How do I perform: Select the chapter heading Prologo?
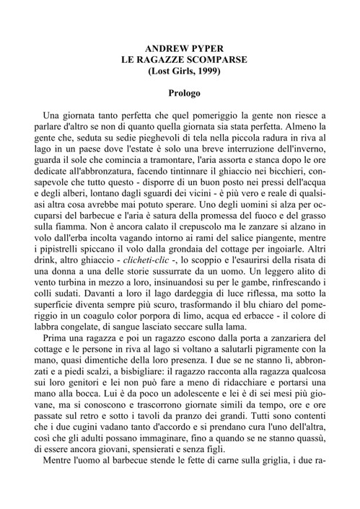click(x=179, y=93)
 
